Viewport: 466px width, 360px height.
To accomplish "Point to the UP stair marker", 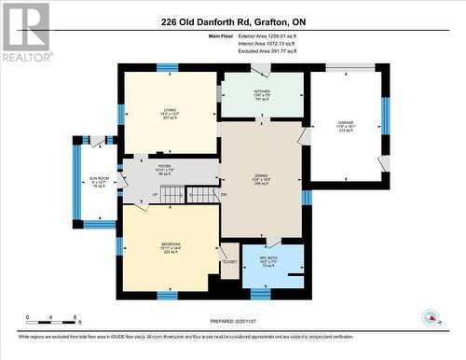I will click(155, 195).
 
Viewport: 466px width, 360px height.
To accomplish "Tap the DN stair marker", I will click(224, 194).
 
